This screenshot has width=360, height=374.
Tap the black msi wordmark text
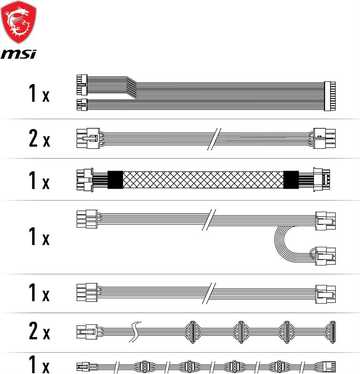[19, 54]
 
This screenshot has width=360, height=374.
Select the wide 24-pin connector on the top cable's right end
[330, 96]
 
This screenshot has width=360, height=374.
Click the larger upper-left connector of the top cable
[82, 85]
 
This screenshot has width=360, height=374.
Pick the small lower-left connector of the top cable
[82, 105]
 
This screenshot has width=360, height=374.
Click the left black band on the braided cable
[115, 180]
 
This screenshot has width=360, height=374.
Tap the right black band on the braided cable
[291, 180]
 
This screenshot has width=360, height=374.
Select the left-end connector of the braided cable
[85, 180]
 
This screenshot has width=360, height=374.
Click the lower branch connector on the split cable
[326, 256]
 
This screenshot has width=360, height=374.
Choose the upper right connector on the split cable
[326, 221]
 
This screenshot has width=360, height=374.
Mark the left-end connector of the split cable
[87, 219]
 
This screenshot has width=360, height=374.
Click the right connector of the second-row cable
[324, 138]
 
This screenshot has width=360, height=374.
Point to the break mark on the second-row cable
[214, 139]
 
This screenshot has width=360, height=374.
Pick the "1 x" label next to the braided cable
[39, 180]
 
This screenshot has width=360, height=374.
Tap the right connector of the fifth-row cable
[326, 294]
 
